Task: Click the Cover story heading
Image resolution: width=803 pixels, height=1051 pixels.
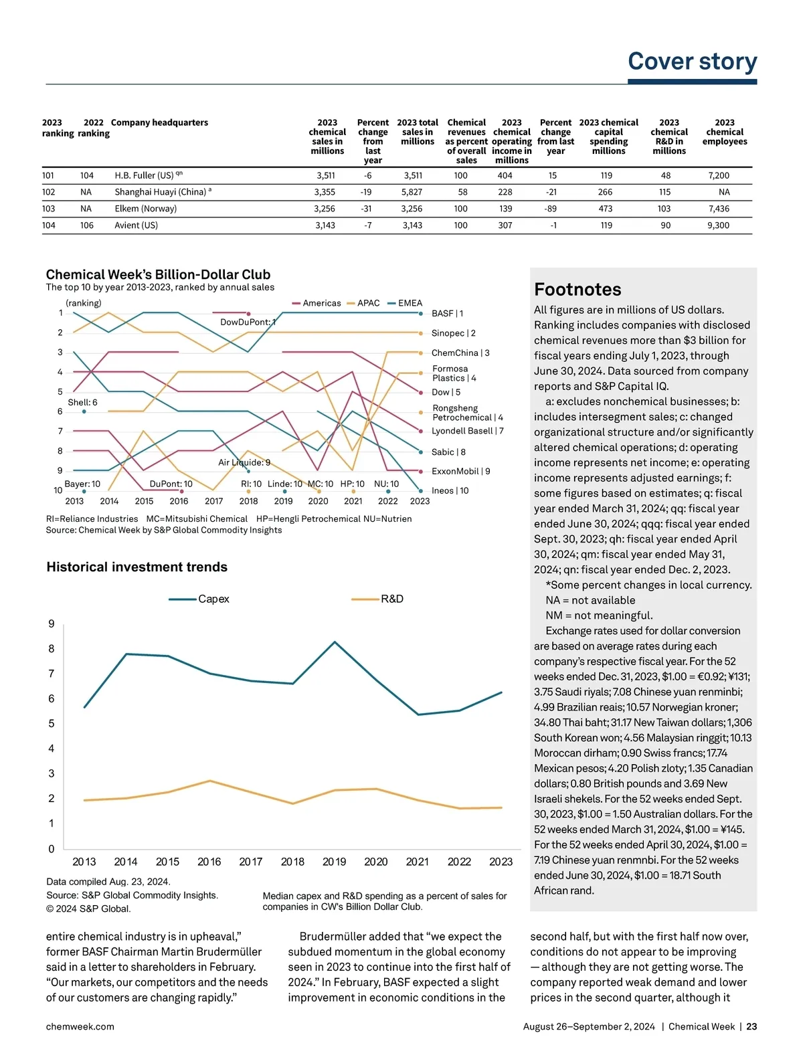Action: (x=692, y=62)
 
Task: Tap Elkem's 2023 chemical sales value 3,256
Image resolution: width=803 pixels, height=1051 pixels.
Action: (x=325, y=209)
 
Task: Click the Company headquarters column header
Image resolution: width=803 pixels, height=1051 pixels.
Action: (x=159, y=122)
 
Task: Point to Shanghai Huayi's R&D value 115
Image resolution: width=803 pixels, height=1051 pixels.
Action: (x=664, y=192)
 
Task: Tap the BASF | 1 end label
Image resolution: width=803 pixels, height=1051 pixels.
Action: (x=447, y=313)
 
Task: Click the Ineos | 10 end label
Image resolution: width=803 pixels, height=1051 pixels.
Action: (x=450, y=490)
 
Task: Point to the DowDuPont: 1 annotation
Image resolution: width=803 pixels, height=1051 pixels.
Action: (x=248, y=322)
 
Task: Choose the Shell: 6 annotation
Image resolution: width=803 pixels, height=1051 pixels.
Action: (x=82, y=402)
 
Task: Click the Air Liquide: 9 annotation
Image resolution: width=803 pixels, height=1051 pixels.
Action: (x=244, y=462)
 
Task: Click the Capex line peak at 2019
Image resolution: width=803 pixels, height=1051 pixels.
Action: (x=335, y=642)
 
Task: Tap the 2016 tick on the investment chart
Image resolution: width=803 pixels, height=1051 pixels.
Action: (x=209, y=862)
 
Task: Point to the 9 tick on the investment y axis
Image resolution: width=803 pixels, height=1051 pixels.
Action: (x=52, y=624)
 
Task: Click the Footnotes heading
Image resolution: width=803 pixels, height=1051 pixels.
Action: (x=577, y=290)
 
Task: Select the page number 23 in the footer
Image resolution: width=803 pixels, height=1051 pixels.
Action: (x=751, y=1026)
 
